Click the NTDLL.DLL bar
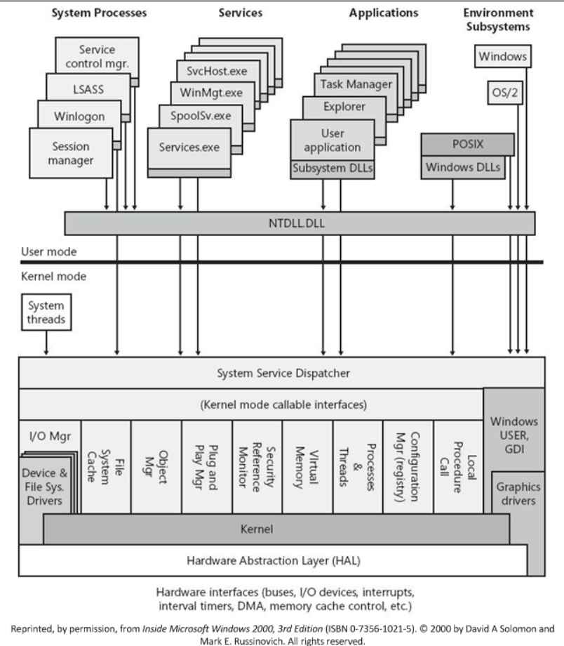point(300,223)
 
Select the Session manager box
point(71,153)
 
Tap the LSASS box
point(88,88)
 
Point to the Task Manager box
point(356,84)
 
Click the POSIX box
point(468,144)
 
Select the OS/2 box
point(505,92)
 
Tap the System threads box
point(46,312)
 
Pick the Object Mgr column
point(156,467)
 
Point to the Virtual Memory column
point(307,467)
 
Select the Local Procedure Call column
point(458,467)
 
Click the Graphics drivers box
point(518,494)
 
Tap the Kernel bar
point(276,529)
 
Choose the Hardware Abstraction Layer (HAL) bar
point(273,560)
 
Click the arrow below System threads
point(46,343)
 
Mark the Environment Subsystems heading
point(498,20)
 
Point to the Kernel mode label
point(53,276)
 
